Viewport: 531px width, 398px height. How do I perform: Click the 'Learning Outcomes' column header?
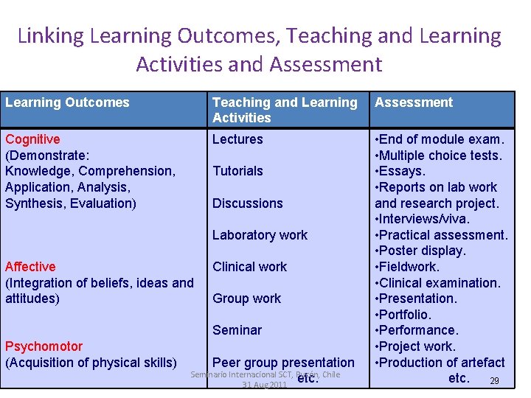click(67, 102)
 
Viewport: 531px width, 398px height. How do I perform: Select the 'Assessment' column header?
click(414, 102)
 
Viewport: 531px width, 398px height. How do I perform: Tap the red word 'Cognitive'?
click(33, 139)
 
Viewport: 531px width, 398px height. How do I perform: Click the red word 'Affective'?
click(30, 267)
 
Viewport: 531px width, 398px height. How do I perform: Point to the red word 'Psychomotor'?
click(44, 346)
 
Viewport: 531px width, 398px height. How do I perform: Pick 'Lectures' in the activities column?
click(237, 139)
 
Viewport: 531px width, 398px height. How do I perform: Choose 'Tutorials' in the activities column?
click(237, 171)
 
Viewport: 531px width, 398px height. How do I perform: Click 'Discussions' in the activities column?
click(248, 203)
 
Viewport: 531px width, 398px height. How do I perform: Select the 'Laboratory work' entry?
click(260, 235)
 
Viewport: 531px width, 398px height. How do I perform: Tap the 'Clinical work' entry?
click(249, 267)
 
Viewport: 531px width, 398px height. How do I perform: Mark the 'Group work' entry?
click(246, 298)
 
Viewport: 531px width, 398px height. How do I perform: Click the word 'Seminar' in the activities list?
click(237, 330)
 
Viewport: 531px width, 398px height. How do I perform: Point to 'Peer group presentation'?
click(283, 363)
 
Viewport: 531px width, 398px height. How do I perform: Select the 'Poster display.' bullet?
click(423, 251)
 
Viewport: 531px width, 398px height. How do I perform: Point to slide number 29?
click(495, 380)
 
